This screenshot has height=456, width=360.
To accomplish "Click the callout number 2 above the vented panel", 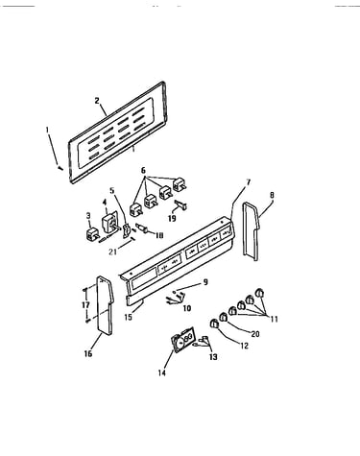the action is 97,101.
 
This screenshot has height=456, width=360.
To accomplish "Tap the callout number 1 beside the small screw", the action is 47,130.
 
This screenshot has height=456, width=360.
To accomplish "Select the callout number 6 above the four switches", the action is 143,171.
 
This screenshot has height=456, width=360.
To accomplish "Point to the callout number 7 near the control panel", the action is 249,182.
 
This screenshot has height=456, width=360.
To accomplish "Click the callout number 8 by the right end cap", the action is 272,195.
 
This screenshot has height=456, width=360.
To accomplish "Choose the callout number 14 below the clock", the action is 162,372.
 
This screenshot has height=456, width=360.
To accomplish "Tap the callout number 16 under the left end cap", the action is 88,353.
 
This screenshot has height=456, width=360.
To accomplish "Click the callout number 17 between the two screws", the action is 85,305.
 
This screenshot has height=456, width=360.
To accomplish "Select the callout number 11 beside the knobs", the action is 274,319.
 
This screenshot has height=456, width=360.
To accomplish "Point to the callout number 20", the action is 255,334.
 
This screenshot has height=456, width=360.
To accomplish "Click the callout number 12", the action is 244,346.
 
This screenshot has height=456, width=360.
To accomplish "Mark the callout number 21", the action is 112,252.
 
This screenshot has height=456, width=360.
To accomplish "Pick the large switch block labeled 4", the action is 108,220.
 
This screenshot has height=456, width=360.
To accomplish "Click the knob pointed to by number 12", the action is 214,324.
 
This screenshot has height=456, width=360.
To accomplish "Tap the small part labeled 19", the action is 181,204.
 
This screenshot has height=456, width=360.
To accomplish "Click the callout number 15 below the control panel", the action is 128,318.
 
